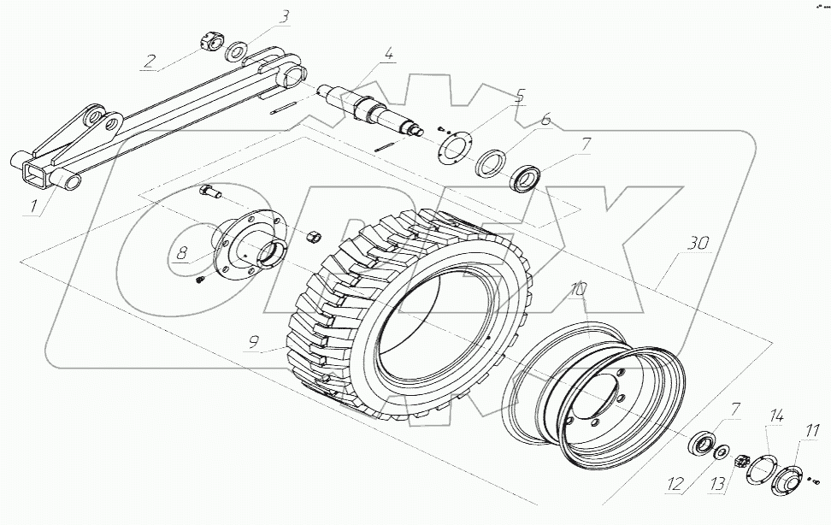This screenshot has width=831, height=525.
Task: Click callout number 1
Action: [32, 206]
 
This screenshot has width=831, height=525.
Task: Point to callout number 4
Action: [389, 56]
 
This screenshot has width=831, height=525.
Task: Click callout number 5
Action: [518, 95]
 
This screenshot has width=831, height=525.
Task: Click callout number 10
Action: [578, 290]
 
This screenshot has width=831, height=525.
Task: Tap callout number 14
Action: [776, 416]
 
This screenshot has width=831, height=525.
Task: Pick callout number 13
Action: [716, 485]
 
